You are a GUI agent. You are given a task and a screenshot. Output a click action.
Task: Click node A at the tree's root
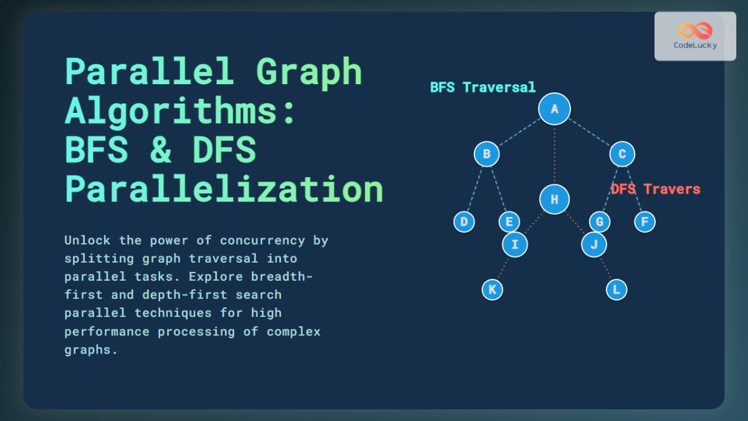pyautogui.click(x=554, y=109)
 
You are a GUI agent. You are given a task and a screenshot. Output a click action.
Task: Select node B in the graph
pyautogui.click(x=486, y=154)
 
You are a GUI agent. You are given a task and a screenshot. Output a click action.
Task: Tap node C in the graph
pyautogui.click(x=621, y=154)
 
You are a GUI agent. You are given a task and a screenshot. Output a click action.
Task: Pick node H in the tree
pyautogui.click(x=554, y=200)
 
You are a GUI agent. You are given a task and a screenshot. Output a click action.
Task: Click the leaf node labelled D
pyautogui.click(x=464, y=221)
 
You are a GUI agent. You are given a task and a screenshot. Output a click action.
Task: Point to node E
pyautogui.click(x=509, y=221)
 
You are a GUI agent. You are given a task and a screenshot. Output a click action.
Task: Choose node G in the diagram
pyautogui.click(x=599, y=221)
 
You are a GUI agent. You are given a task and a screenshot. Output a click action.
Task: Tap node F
pyautogui.click(x=645, y=221)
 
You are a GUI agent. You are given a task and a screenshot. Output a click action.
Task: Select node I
pyautogui.click(x=515, y=244)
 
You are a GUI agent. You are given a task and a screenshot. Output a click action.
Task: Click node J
pyautogui.click(x=593, y=244)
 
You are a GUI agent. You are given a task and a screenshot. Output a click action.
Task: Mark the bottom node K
pyautogui.click(x=492, y=289)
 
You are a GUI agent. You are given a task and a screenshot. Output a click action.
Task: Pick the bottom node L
pyautogui.click(x=616, y=289)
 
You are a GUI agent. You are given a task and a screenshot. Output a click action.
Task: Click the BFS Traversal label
pyautogui.click(x=482, y=87)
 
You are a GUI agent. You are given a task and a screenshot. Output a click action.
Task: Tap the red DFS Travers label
pyautogui.click(x=655, y=189)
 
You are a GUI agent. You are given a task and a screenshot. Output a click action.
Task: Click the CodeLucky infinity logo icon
pyautogui.click(x=695, y=31)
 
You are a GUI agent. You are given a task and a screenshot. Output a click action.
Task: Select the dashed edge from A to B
pyautogui.click(x=520, y=132)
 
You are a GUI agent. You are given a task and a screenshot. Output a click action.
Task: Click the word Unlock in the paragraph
pyautogui.click(x=87, y=240)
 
